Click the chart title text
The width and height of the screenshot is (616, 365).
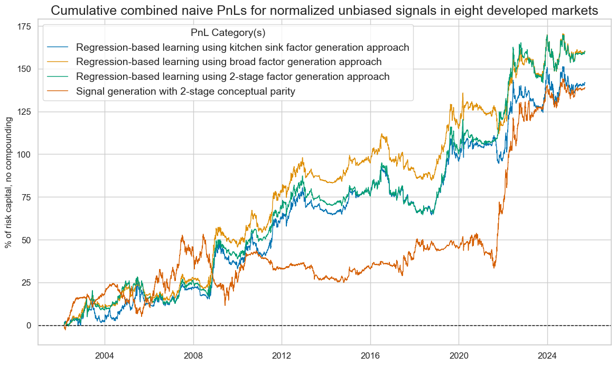(x=325, y=10)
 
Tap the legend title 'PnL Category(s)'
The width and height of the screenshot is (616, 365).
(x=228, y=33)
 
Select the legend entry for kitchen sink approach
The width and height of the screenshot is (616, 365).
(x=242, y=47)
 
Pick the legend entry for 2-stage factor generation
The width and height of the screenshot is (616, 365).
(x=233, y=77)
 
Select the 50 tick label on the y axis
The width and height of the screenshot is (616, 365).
(x=25, y=240)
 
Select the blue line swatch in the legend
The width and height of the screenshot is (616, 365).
(x=58, y=47)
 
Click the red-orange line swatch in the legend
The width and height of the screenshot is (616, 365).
(x=58, y=92)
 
